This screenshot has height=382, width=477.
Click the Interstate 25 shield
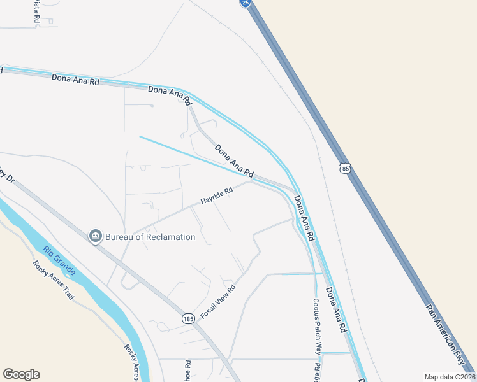246,3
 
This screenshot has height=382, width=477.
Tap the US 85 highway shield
345,168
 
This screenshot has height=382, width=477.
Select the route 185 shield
187,318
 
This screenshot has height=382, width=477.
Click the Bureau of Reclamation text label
150,237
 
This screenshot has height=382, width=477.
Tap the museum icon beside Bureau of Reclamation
96,236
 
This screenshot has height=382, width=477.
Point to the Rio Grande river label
59,261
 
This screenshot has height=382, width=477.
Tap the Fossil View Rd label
218,302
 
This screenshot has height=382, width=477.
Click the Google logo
21,374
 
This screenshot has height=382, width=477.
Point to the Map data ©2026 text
450,377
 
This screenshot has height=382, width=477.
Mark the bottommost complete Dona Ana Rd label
335,310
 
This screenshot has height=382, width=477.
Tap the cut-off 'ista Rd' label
36,12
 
